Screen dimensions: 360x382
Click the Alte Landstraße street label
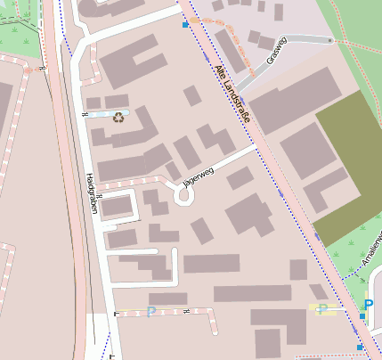pos(232,95)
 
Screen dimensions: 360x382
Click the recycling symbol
pos(118,116)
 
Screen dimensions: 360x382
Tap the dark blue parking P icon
pos(368,305)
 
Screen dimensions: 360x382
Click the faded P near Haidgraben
pos(150,311)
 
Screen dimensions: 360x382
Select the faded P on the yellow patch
pos(322,309)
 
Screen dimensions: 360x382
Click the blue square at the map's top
pos(185,26)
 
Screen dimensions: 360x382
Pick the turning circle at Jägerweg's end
pos(184,196)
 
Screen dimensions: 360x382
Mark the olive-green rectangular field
pos(346,165)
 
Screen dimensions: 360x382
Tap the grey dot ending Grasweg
pos(330,41)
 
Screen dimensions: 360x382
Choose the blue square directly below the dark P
pos(364,318)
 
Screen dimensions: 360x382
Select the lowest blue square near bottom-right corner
pos(360,347)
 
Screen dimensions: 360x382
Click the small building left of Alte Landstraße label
pos(192,95)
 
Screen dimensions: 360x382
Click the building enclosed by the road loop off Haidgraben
pos(117,207)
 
